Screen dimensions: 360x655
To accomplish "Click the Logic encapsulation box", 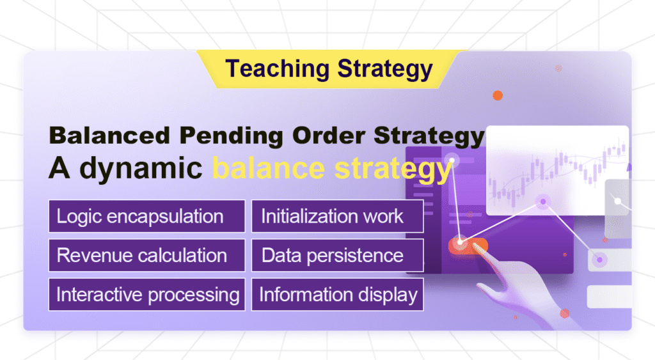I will (x=146, y=216).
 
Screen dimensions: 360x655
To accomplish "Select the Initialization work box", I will (x=337, y=216).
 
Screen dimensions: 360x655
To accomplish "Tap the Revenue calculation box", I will (x=146, y=255).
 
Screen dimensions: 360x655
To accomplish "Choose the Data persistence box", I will (x=337, y=255).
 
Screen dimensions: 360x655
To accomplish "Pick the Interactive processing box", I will (x=146, y=294).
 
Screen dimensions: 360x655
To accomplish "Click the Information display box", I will (x=337, y=294).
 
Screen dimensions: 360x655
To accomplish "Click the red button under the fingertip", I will (x=468, y=244).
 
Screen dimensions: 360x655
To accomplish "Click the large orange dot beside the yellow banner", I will (x=498, y=95).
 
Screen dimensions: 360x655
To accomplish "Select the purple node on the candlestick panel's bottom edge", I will (x=543, y=202).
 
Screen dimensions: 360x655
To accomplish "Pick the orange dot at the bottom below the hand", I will (x=564, y=313).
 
